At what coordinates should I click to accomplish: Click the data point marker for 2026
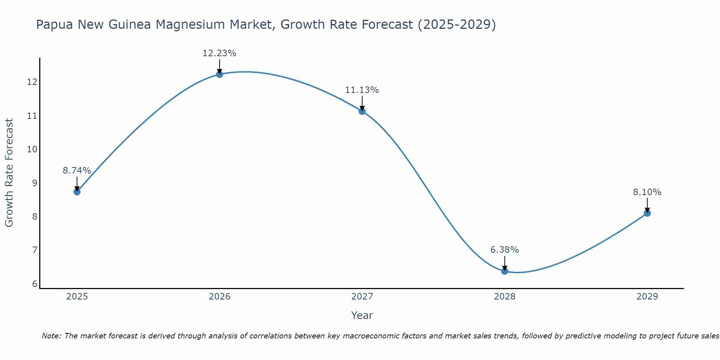click(x=220, y=75)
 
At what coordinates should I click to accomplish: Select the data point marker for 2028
click(x=505, y=271)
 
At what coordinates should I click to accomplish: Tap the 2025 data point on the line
click(x=77, y=192)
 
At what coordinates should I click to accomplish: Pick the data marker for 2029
click(x=647, y=213)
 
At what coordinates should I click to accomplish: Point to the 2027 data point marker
click(x=362, y=111)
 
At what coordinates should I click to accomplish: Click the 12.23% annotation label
click(x=220, y=53)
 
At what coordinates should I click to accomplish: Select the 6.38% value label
click(x=505, y=250)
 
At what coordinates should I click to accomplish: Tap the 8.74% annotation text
click(x=77, y=171)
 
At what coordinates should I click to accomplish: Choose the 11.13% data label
click(x=362, y=90)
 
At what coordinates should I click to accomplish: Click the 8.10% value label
click(x=647, y=192)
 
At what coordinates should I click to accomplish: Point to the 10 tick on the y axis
click(x=32, y=149)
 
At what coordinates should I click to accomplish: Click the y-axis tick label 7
click(x=35, y=250)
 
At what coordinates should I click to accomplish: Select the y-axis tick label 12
click(x=32, y=82)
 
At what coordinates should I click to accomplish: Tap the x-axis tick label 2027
click(x=362, y=297)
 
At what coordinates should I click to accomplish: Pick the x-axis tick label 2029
click(x=647, y=297)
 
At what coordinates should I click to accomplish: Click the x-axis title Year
click(x=362, y=315)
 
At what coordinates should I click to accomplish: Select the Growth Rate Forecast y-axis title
click(x=9, y=173)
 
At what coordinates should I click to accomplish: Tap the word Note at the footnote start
click(x=51, y=336)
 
